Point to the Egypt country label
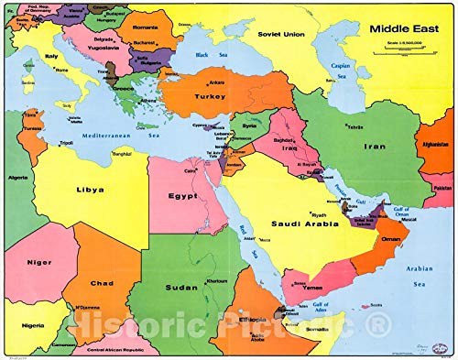coord(183,195)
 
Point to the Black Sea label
coord(203,54)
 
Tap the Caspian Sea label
coord(341,68)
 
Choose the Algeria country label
coord(18,176)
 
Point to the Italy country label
coord(51,56)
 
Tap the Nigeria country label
coord(33,324)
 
